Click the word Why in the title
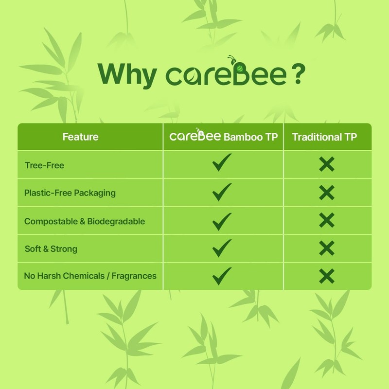pyautogui.click(x=127, y=75)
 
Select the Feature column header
pyautogui.click(x=80, y=137)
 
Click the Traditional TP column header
pyautogui.click(x=324, y=137)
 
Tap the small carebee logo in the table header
pyautogui.click(x=195, y=136)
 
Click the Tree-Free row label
pyautogui.click(x=44, y=165)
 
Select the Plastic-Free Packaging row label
pyautogui.click(x=70, y=193)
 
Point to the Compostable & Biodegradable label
pyautogui.click(x=85, y=221)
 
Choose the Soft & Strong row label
pyautogui.click(x=51, y=249)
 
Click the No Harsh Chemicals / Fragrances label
pyautogui.click(x=90, y=276)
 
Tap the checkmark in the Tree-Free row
pyautogui.click(x=222, y=163)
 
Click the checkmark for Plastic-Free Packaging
pyautogui.click(x=222, y=192)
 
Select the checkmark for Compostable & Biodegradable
pyautogui.click(x=222, y=220)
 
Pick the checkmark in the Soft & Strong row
pyautogui.click(x=222, y=248)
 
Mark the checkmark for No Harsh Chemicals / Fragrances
pyautogui.click(x=222, y=275)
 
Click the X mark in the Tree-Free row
pyautogui.click(x=327, y=164)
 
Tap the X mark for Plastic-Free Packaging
pyautogui.click(x=327, y=193)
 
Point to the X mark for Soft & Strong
pyautogui.click(x=327, y=248)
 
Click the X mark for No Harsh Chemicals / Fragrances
pyautogui.click(x=327, y=276)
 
